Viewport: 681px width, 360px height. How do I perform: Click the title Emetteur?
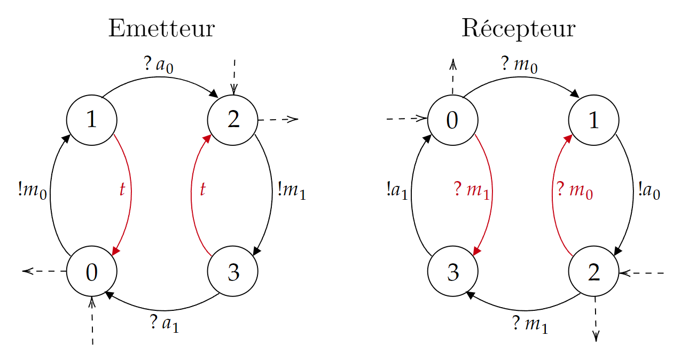point(161,29)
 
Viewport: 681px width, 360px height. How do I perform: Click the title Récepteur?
point(518,29)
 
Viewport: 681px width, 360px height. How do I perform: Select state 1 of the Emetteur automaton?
point(91,120)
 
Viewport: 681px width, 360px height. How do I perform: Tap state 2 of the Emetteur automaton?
point(233,120)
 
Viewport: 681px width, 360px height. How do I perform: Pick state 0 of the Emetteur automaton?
point(91,272)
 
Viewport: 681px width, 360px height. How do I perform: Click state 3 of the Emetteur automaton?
point(233,272)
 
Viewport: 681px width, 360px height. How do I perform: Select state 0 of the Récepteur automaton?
point(452,120)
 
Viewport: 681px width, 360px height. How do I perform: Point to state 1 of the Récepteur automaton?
point(593,120)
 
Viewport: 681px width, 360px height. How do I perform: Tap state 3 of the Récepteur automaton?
point(452,272)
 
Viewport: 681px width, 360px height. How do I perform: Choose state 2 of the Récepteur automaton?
point(593,272)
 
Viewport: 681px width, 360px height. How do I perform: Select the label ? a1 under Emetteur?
point(164,323)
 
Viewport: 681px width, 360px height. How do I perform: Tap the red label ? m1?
point(471,190)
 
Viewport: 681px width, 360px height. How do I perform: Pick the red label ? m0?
point(574,190)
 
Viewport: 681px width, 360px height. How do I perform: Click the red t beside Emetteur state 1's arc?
point(122,189)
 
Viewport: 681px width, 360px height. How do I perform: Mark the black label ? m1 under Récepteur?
point(530,323)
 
